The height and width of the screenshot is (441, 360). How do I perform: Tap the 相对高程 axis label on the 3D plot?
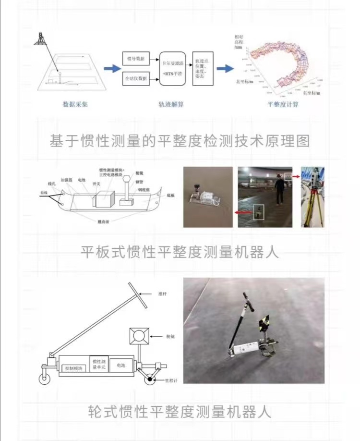(239, 42)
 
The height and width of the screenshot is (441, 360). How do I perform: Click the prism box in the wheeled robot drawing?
(139, 336)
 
